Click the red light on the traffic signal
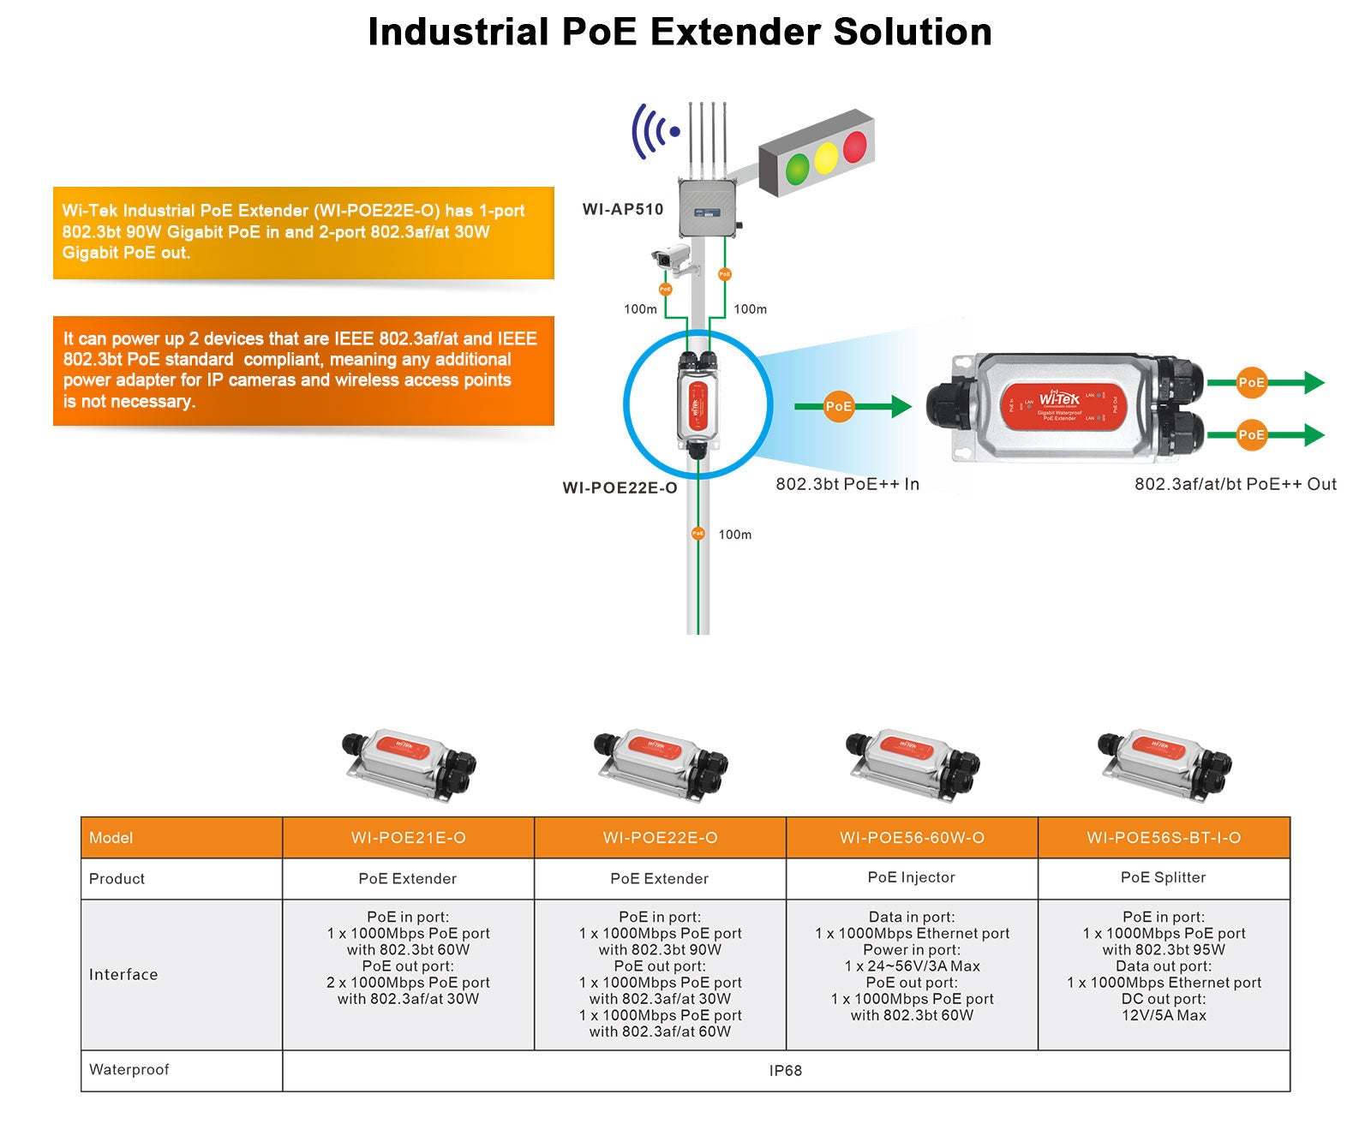pyautogui.click(x=855, y=147)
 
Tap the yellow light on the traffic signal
pyautogui.click(x=826, y=158)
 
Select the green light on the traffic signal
pyautogui.click(x=798, y=168)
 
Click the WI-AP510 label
pyautogui.click(x=623, y=209)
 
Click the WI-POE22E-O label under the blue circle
pyautogui.click(x=620, y=487)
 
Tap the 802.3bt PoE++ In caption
pyautogui.click(x=847, y=484)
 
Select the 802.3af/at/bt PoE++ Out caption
pyautogui.click(x=1235, y=484)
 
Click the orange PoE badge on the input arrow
pyautogui.click(x=838, y=407)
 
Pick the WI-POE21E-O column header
pyautogui.click(x=408, y=838)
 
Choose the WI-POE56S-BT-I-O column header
pyautogui.click(x=1164, y=838)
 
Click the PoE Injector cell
pyautogui.click(x=911, y=877)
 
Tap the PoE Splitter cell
pyautogui.click(x=1163, y=877)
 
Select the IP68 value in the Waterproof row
pyautogui.click(x=785, y=1071)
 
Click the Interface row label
pyautogui.click(x=123, y=974)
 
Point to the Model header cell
pyautogui.click(x=111, y=838)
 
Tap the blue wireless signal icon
pyautogui.click(x=654, y=131)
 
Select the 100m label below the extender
pyautogui.click(x=734, y=535)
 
